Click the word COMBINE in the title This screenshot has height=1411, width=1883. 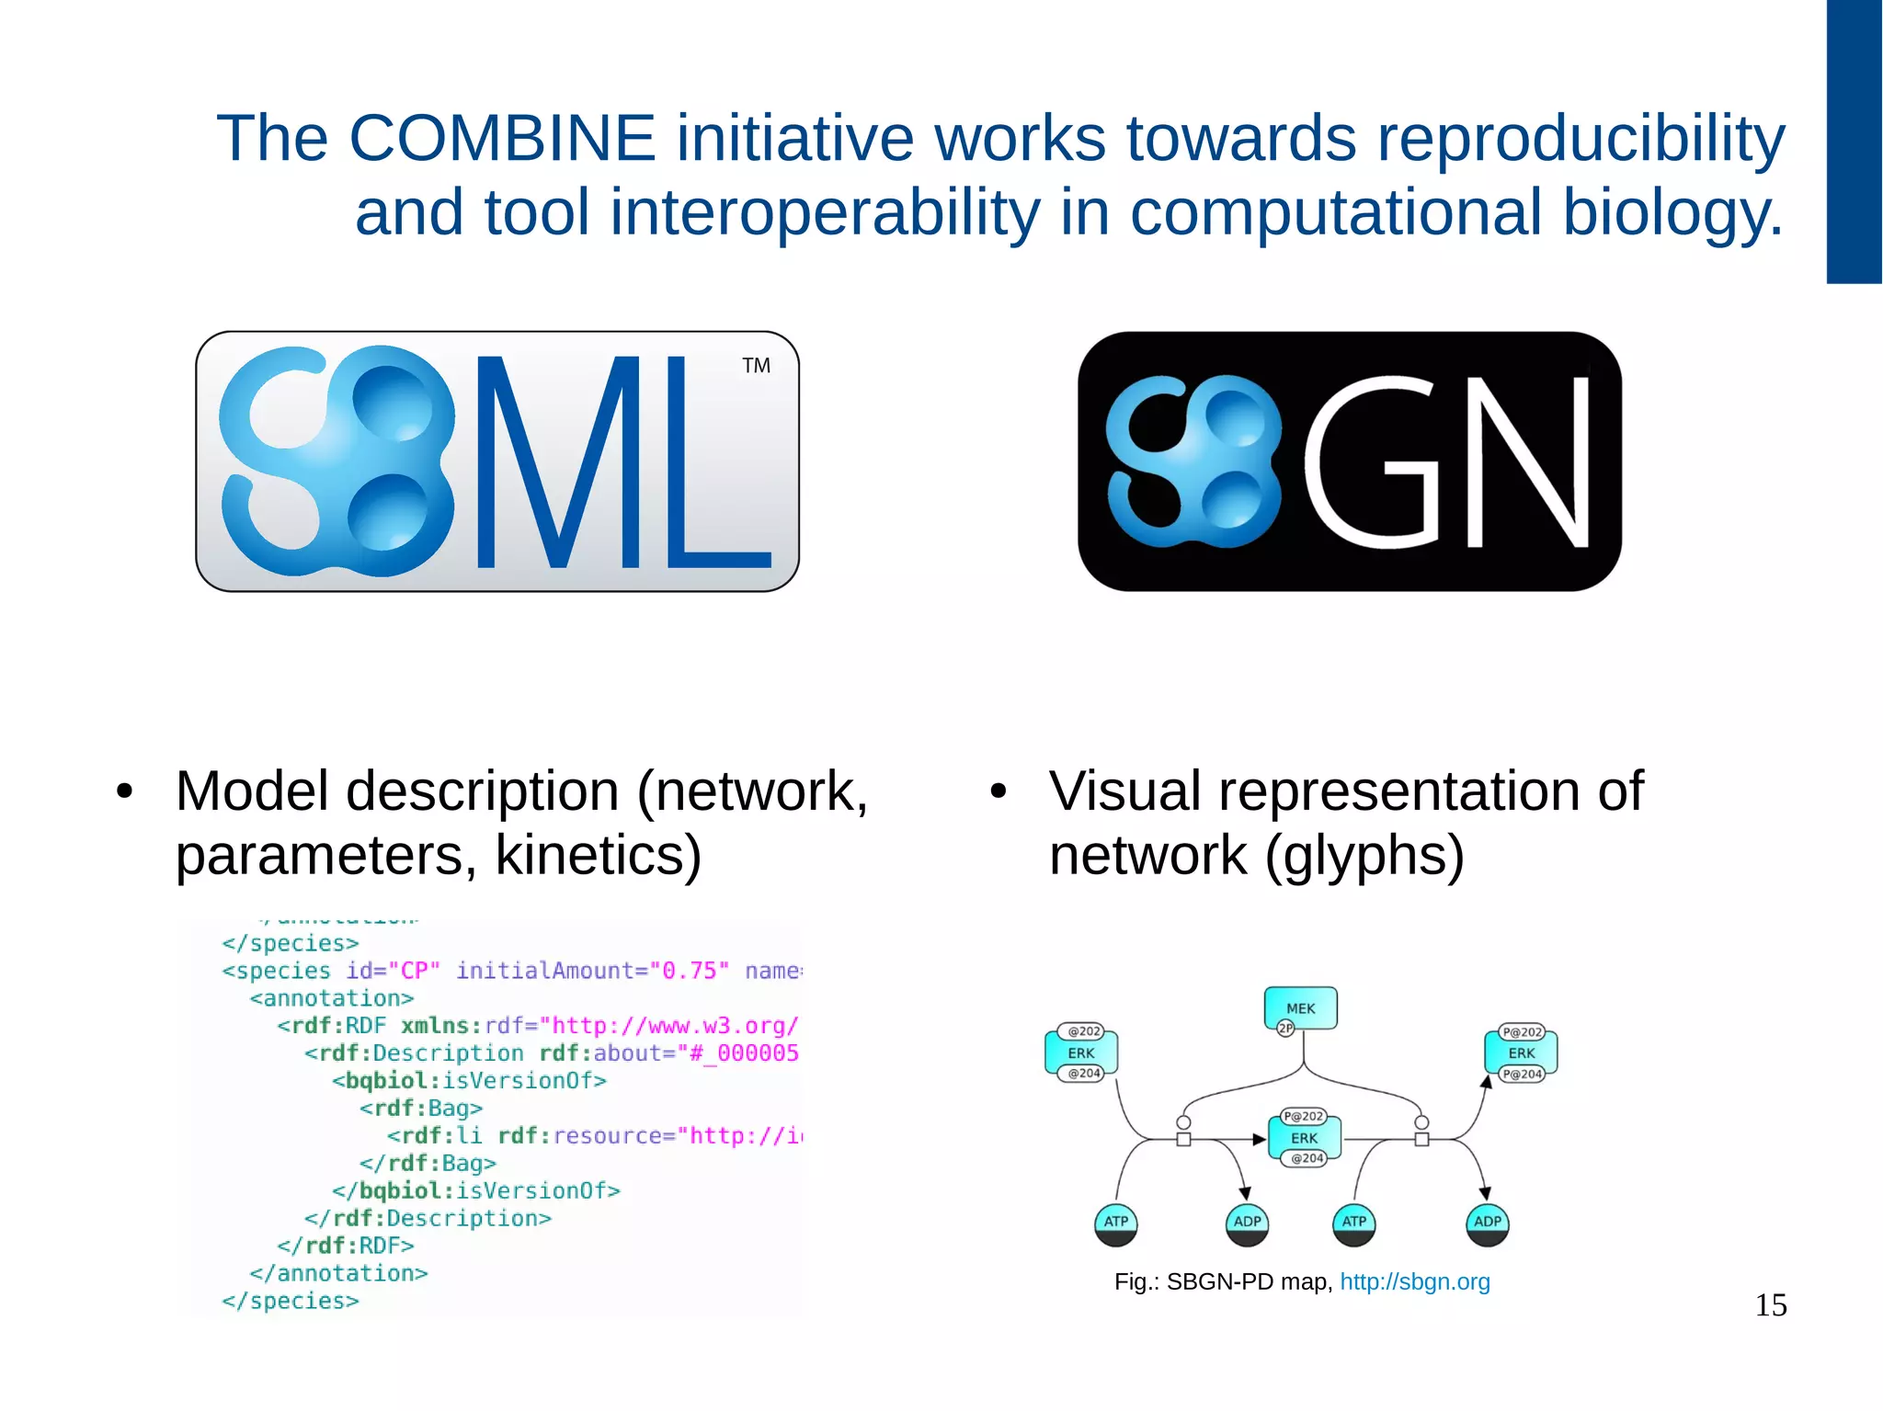pyautogui.click(x=502, y=139)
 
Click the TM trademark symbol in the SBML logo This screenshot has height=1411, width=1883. pyautogui.click(x=756, y=366)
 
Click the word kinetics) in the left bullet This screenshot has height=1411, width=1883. pyautogui.click(x=599, y=855)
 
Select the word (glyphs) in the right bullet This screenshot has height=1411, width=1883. pyautogui.click(x=1364, y=855)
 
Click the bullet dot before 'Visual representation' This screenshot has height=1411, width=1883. pyautogui.click(x=999, y=791)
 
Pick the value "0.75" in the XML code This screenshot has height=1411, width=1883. pyautogui.click(x=690, y=971)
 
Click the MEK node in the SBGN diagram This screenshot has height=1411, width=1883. pyautogui.click(x=1301, y=1007)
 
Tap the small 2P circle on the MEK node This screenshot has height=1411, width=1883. pyautogui.click(x=1285, y=1029)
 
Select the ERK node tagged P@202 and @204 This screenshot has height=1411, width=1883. pyautogui.click(x=1304, y=1138)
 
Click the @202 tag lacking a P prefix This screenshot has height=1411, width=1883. pyautogui.click(x=1084, y=1031)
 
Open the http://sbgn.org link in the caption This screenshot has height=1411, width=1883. pyautogui.click(x=1414, y=1281)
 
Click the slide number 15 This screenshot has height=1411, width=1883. pyautogui.click(x=1771, y=1305)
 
